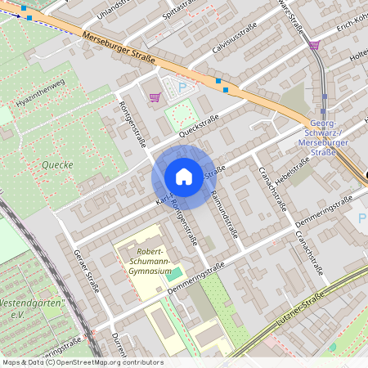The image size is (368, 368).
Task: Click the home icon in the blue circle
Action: click(x=183, y=177)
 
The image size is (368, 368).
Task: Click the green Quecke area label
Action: click(x=55, y=164)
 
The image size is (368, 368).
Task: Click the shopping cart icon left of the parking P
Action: click(x=155, y=97)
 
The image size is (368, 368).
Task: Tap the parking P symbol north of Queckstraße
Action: click(x=183, y=86)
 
